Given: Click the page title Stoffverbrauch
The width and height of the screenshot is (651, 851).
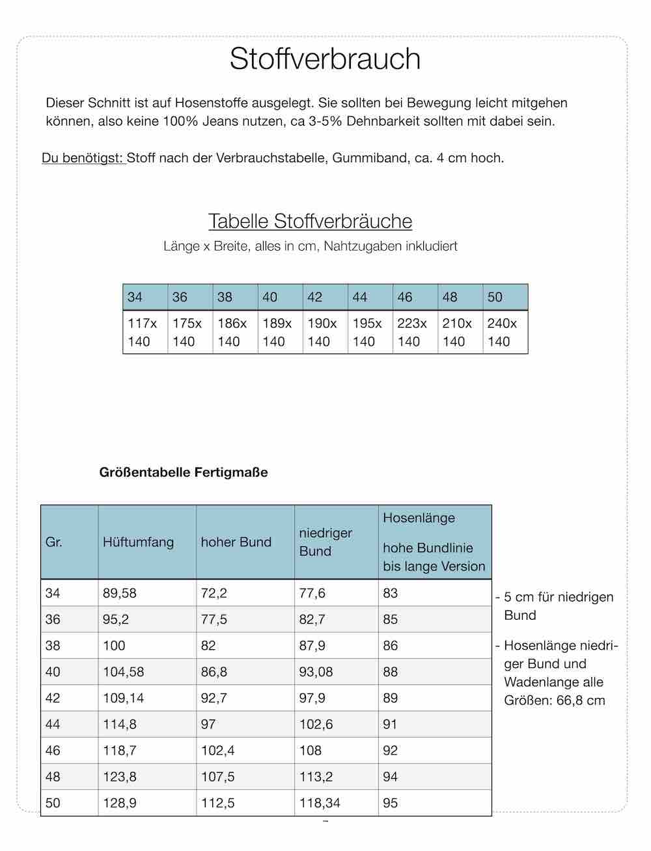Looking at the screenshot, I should point(325,59).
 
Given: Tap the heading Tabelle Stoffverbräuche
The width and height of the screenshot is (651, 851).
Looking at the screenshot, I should point(310,221).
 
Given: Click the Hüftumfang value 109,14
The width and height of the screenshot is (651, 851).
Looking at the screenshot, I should point(124,698).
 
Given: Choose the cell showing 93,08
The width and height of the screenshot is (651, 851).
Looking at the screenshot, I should point(316,672).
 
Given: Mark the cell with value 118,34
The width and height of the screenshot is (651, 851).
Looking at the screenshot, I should point(320,803).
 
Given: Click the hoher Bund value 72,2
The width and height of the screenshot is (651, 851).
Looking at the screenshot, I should point(214,593).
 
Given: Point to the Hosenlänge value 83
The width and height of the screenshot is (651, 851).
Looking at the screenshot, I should point(391,593).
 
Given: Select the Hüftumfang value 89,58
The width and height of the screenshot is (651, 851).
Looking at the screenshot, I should point(120,593).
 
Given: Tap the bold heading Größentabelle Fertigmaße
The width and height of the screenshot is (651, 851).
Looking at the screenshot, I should point(184,472).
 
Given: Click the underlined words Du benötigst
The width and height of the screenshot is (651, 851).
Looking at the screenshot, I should point(83,158).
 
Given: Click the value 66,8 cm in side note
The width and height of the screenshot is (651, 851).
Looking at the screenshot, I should point(581,701).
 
